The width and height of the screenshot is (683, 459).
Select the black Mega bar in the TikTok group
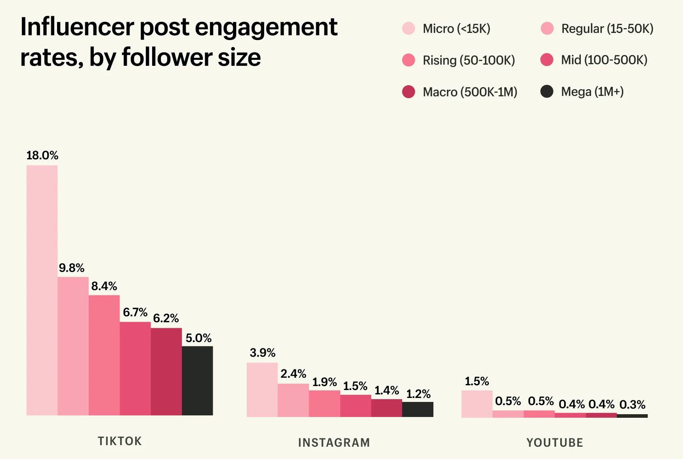197,381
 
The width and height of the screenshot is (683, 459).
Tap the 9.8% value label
72,268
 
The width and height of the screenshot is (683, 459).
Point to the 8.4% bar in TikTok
104,355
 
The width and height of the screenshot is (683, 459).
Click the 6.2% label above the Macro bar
166,318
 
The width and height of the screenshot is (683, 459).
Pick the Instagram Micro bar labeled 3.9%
262,390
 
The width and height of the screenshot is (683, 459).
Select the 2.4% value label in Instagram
293,374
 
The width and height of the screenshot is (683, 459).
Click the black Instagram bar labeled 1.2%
418,409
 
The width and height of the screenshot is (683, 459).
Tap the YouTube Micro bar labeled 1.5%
477,404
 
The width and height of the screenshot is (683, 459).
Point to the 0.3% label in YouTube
632,405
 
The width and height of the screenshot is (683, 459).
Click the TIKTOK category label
120,441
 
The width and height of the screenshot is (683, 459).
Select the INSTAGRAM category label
334,442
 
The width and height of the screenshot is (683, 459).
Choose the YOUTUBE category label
555,442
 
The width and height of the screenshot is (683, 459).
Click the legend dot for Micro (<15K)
408,29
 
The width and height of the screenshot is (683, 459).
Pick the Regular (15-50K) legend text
607,29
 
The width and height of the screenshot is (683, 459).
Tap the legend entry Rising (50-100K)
469,60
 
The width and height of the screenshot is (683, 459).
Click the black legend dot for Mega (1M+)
547,92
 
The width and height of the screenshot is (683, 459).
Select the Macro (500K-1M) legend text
470,92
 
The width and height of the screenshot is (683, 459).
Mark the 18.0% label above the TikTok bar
42,155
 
